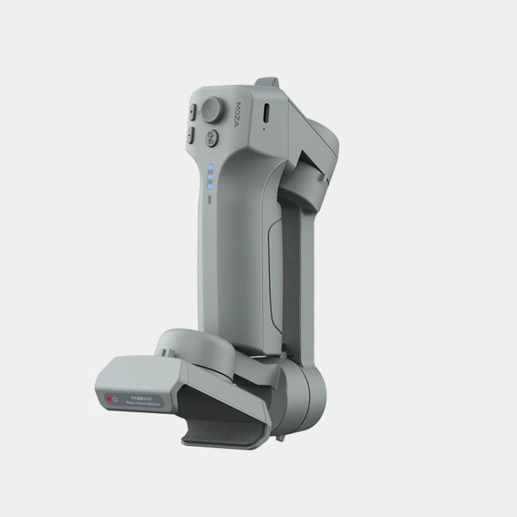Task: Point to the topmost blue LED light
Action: pos(208,167)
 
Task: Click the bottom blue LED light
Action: pos(208,185)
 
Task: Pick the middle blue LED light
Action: pos(208,176)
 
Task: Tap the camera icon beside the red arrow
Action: pos(116,398)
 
